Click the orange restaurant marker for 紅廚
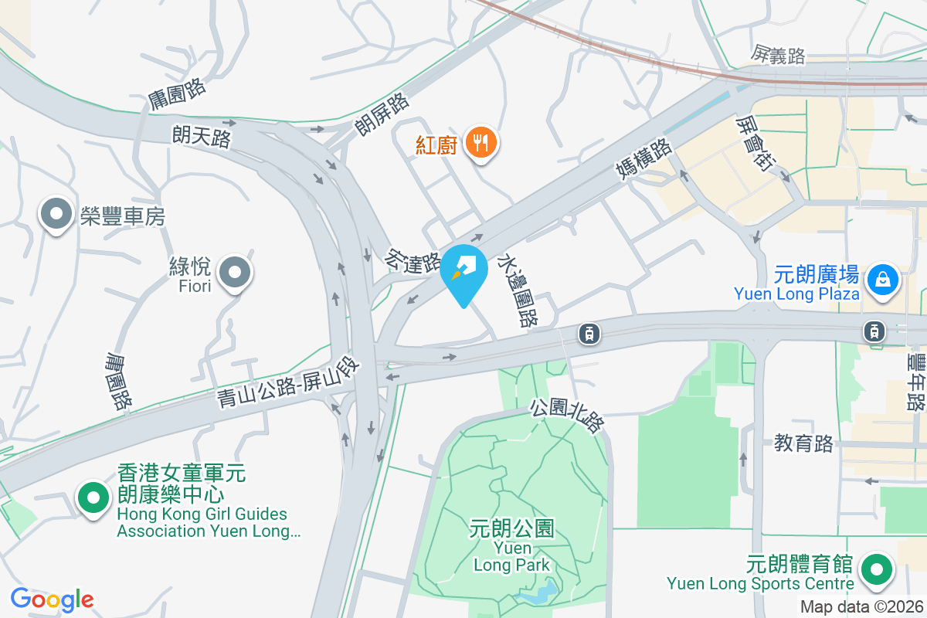click(481, 142)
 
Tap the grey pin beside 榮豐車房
click(56, 215)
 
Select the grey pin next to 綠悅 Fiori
click(234, 273)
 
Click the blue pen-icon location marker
click(463, 271)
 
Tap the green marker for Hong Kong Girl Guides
click(93, 498)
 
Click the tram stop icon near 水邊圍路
click(589, 333)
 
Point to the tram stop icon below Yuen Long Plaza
click(874, 331)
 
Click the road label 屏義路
click(778, 55)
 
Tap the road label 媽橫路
click(644, 156)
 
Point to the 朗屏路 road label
click(382, 114)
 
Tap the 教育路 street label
click(804, 443)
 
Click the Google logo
click(52, 599)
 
